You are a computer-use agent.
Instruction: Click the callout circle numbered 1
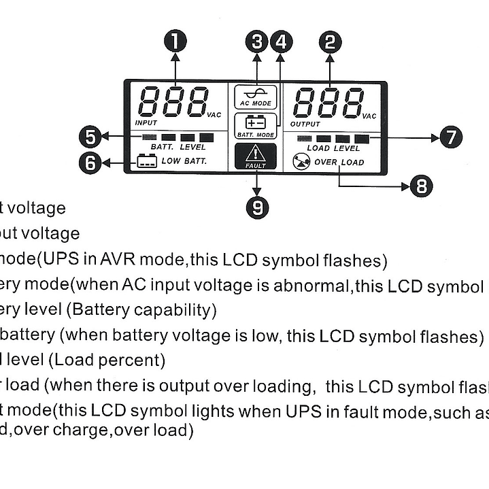coord(176,42)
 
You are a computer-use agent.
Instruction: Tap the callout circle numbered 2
coord(330,42)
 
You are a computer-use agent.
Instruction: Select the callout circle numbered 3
coord(257,42)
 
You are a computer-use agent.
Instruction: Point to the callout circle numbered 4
coord(281,42)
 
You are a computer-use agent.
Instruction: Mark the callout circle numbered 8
coord(422,185)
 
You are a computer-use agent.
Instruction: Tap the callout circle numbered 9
coord(257,206)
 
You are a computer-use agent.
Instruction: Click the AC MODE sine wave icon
coord(256,93)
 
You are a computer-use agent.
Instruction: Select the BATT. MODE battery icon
coord(256,122)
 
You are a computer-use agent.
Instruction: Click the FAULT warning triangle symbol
coord(256,153)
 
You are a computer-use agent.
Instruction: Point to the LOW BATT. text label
coord(184,161)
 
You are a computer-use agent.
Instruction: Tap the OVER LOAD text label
coord(339,163)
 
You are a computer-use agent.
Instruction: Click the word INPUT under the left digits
coord(146,123)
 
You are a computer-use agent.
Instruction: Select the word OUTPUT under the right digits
coord(305,124)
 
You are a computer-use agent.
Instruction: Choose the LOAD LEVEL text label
coord(333,148)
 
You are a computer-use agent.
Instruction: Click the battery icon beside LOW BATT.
coord(146,161)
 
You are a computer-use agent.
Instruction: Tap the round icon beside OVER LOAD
coord(301,162)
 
